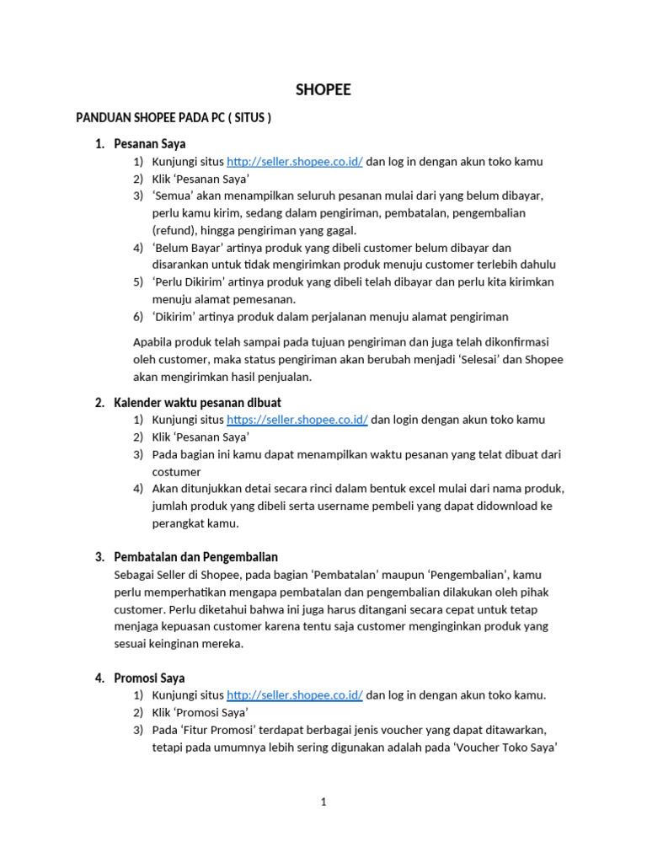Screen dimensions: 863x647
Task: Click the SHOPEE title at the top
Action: tap(323, 89)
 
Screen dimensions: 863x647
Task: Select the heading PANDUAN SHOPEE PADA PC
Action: tap(174, 118)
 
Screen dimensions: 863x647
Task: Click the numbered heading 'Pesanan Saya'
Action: tap(149, 144)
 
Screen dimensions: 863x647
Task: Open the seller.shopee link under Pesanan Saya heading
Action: tap(295, 162)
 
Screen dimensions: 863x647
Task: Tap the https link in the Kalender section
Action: tap(297, 420)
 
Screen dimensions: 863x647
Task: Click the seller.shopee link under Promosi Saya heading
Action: tap(295, 695)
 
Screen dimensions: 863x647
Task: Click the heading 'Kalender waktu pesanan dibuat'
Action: tap(197, 402)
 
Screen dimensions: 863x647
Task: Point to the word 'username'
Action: tap(346, 506)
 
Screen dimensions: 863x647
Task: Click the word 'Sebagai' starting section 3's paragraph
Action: tap(135, 575)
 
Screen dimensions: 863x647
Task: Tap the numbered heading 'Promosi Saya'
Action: tap(149, 678)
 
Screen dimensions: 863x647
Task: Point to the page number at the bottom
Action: tap(323, 802)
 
